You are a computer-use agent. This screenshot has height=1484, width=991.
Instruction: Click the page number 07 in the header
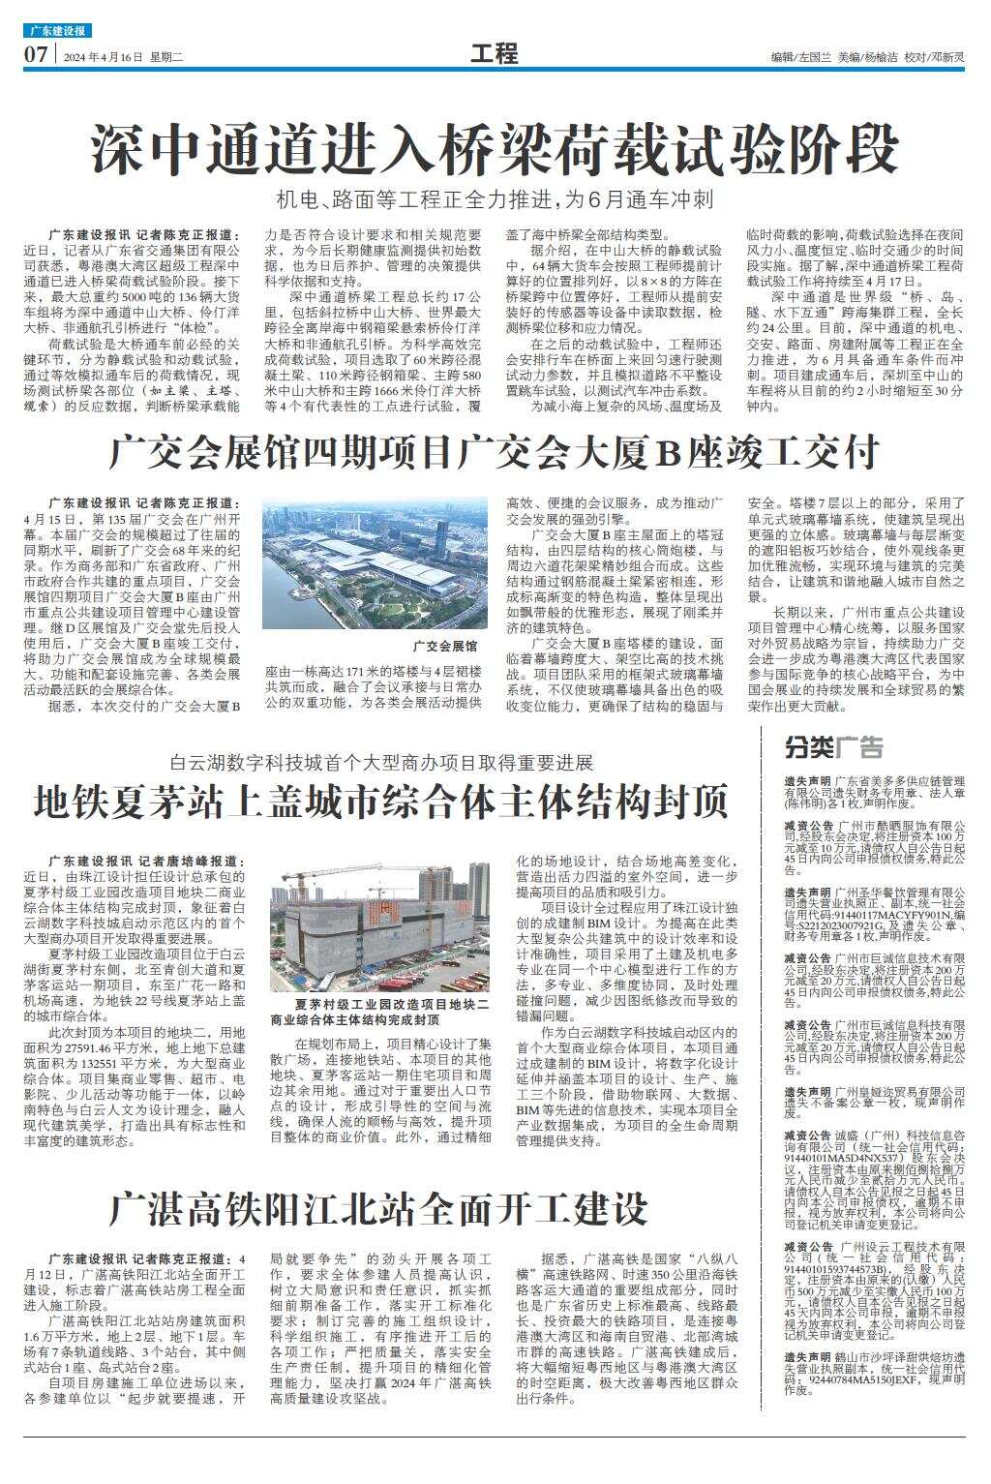click(37, 55)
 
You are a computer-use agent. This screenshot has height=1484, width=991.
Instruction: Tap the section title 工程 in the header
click(495, 54)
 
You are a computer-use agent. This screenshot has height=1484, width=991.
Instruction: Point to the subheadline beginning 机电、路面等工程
click(495, 200)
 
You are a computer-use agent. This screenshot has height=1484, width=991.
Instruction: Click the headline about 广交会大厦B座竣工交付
click(495, 451)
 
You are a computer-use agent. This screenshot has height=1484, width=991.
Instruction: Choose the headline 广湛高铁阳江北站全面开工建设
click(378, 1208)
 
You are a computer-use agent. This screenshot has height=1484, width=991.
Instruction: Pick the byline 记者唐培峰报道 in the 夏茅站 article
click(183, 861)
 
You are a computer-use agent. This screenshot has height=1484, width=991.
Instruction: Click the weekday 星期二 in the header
click(168, 57)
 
